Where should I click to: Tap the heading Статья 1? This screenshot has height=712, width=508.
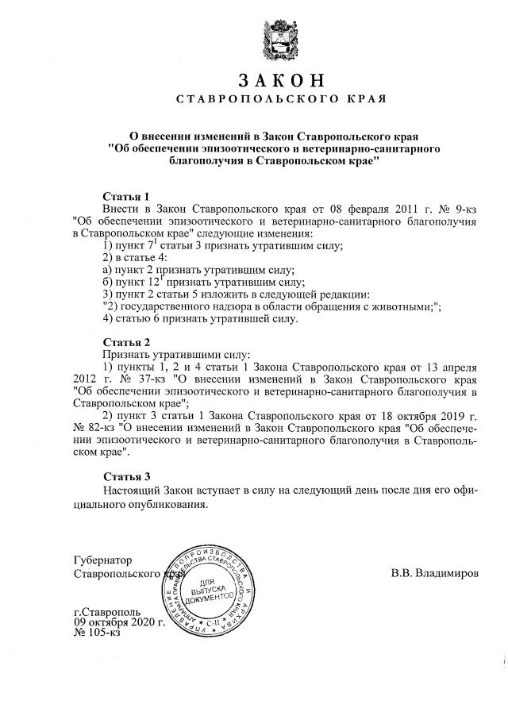coord(126,196)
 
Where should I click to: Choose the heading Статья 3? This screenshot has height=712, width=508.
coord(126,476)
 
